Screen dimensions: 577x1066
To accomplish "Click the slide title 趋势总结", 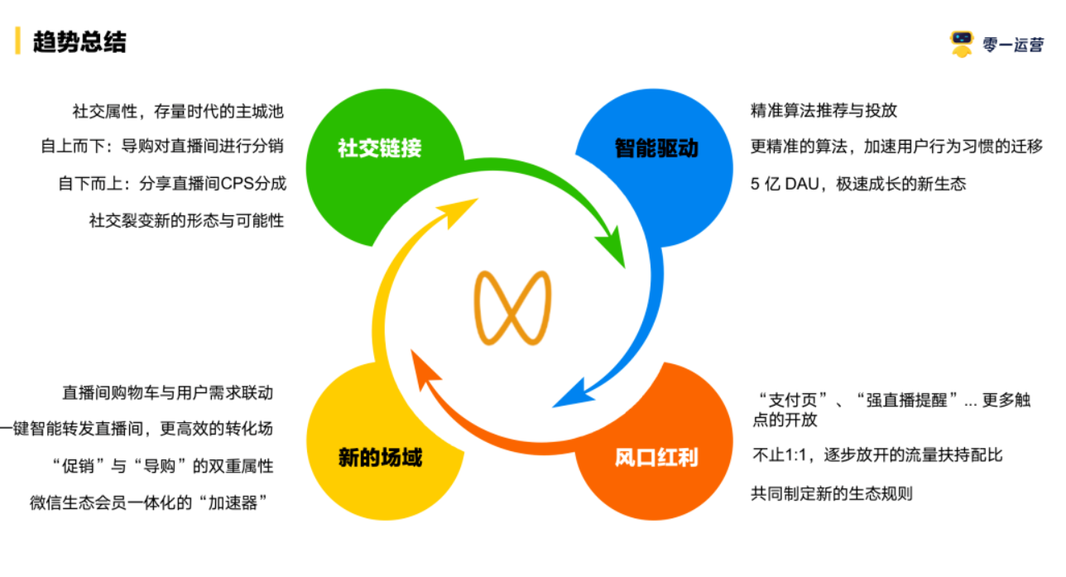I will click(79, 41).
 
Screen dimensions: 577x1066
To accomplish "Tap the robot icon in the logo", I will click(962, 44).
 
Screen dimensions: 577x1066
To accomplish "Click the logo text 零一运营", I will click(1013, 46).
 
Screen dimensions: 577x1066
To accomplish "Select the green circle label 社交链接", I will click(380, 148).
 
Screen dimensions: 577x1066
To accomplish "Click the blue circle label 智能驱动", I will click(656, 148).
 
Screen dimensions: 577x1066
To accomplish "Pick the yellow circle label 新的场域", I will click(380, 457).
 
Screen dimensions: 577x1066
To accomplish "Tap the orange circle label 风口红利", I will click(656, 457).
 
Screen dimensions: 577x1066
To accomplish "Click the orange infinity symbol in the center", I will click(513, 307).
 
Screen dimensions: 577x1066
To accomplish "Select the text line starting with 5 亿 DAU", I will click(858, 184).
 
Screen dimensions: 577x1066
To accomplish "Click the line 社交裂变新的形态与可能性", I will click(186, 220).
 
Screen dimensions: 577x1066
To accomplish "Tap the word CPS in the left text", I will click(238, 184).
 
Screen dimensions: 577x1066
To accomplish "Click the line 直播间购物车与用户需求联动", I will click(167, 392).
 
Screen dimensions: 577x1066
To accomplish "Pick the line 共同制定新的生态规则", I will click(831, 494).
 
